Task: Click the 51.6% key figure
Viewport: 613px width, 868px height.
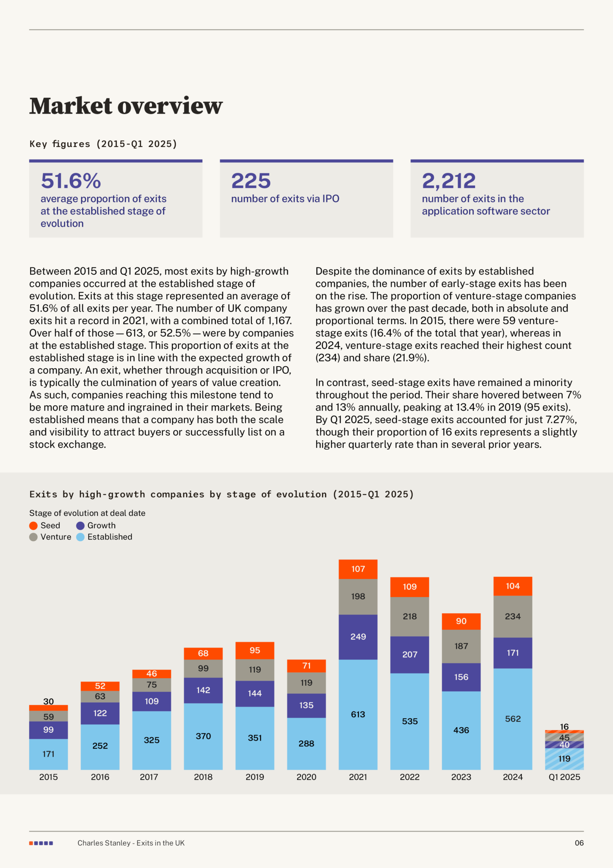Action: click(71, 181)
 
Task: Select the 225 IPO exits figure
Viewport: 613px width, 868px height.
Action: click(251, 181)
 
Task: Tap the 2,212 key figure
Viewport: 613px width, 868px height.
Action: click(449, 181)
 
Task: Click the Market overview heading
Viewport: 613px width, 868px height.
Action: click(126, 106)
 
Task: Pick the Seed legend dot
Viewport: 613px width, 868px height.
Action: click(33, 526)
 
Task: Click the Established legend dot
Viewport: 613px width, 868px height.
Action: click(80, 537)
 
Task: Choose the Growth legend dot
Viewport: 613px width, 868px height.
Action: click(80, 526)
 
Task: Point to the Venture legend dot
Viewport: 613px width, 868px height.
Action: click(33, 537)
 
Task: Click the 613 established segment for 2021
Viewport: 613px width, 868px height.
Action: click(358, 715)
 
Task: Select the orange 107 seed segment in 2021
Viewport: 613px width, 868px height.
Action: click(358, 569)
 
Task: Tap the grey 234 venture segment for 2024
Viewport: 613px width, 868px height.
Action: click(513, 617)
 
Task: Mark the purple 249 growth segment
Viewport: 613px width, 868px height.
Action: click(358, 637)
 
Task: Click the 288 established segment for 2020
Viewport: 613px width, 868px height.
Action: click(306, 744)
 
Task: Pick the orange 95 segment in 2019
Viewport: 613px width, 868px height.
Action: click(255, 651)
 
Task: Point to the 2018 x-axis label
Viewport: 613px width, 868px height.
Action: click(203, 777)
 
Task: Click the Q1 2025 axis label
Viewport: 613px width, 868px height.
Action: click(564, 777)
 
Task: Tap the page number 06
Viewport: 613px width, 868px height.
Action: click(579, 843)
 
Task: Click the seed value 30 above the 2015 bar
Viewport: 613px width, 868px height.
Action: click(49, 701)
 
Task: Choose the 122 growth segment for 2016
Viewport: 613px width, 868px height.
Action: click(100, 713)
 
